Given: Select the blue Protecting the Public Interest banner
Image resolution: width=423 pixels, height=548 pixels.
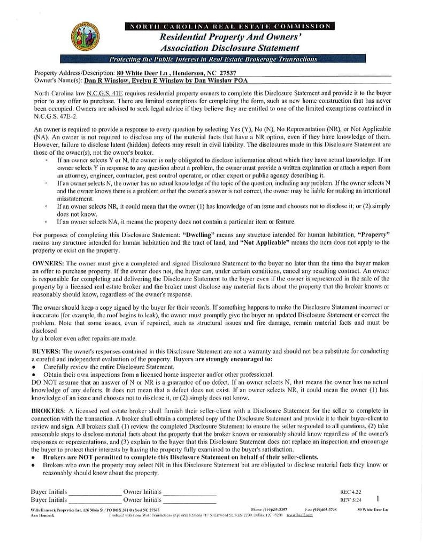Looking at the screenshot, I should pos(213,59).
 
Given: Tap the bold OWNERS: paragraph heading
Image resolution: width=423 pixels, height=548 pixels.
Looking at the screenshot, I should pos(48,264).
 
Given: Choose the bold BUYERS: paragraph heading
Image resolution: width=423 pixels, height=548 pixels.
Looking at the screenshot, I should pos(47,351).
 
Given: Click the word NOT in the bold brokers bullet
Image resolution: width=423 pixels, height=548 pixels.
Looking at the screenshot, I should pos(83,458).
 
